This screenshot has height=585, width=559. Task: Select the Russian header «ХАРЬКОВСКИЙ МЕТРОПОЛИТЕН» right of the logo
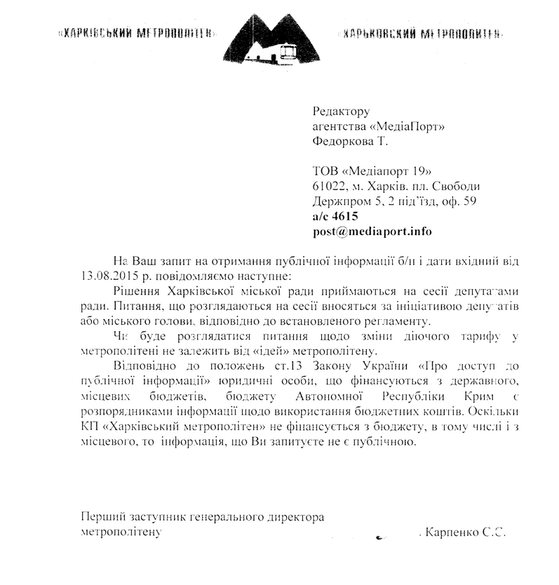(x=420, y=33)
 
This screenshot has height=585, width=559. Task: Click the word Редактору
(x=341, y=111)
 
